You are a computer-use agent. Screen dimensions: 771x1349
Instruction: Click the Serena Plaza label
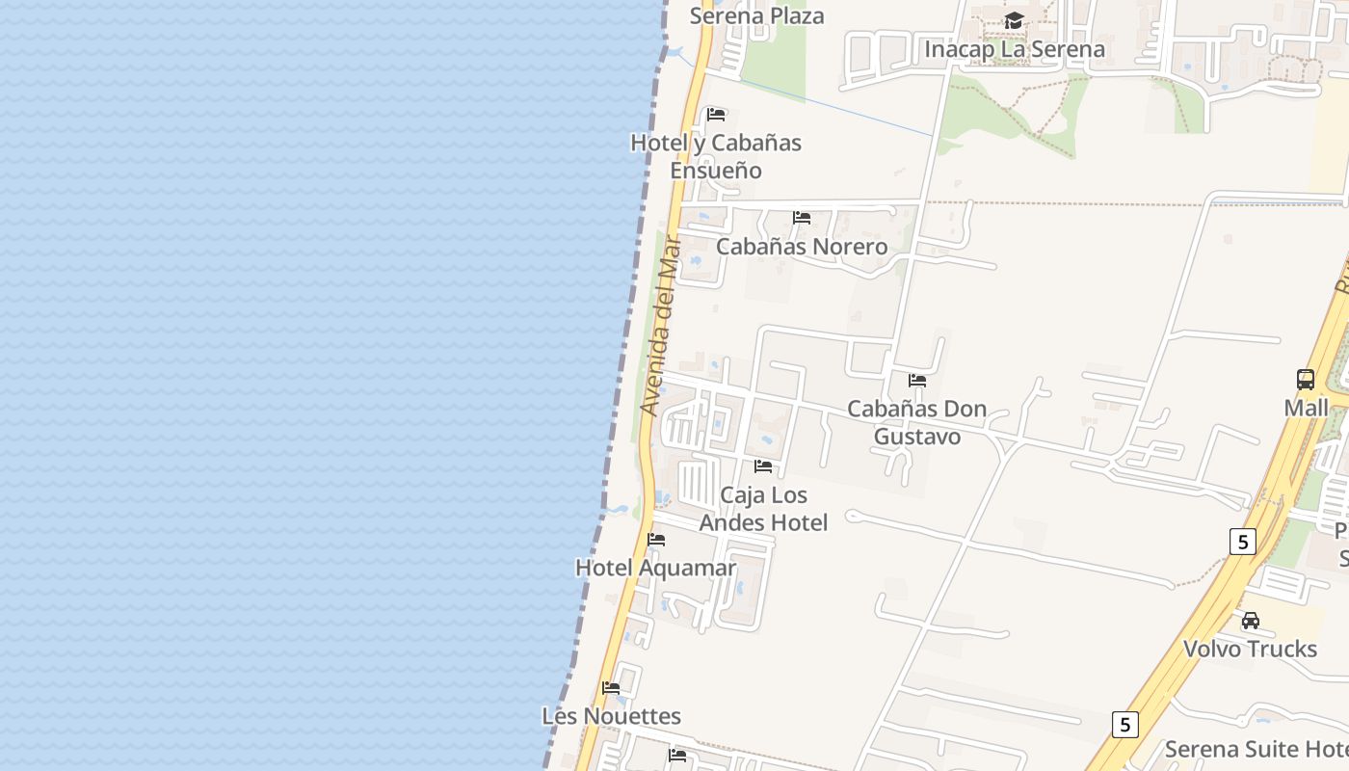click(x=756, y=15)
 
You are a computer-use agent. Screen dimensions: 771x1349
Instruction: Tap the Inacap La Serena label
click(x=1015, y=48)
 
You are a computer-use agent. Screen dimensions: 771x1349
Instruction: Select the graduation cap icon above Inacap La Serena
click(x=1015, y=21)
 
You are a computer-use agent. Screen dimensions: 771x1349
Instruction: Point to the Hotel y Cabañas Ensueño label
click(x=716, y=156)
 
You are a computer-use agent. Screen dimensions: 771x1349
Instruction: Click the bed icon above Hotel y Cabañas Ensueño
click(x=716, y=115)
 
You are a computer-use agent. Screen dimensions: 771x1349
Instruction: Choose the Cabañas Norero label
click(x=802, y=246)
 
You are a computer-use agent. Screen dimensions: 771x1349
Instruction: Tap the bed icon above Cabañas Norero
click(x=802, y=218)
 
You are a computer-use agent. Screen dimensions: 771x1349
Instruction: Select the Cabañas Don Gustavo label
click(x=916, y=422)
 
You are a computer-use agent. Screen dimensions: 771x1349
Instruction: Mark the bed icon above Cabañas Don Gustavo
click(x=917, y=381)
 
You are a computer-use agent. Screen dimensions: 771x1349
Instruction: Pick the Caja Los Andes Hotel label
click(x=763, y=508)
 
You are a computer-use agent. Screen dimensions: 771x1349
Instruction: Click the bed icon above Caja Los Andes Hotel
click(x=763, y=466)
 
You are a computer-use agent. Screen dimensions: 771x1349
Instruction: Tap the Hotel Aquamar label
click(x=655, y=568)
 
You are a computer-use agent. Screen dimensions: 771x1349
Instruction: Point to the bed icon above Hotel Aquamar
click(x=656, y=540)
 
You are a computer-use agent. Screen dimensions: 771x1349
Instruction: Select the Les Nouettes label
click(x=611, y=716)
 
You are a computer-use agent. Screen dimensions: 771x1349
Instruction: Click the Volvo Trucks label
click(x=1250, y=649)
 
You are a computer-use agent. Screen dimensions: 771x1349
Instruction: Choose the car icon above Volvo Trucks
click(x=1251, y=621)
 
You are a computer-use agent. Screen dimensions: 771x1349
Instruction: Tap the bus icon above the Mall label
click(x=1306, y=380)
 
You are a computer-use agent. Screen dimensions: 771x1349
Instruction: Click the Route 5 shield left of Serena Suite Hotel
click(x=1124, y=724)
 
